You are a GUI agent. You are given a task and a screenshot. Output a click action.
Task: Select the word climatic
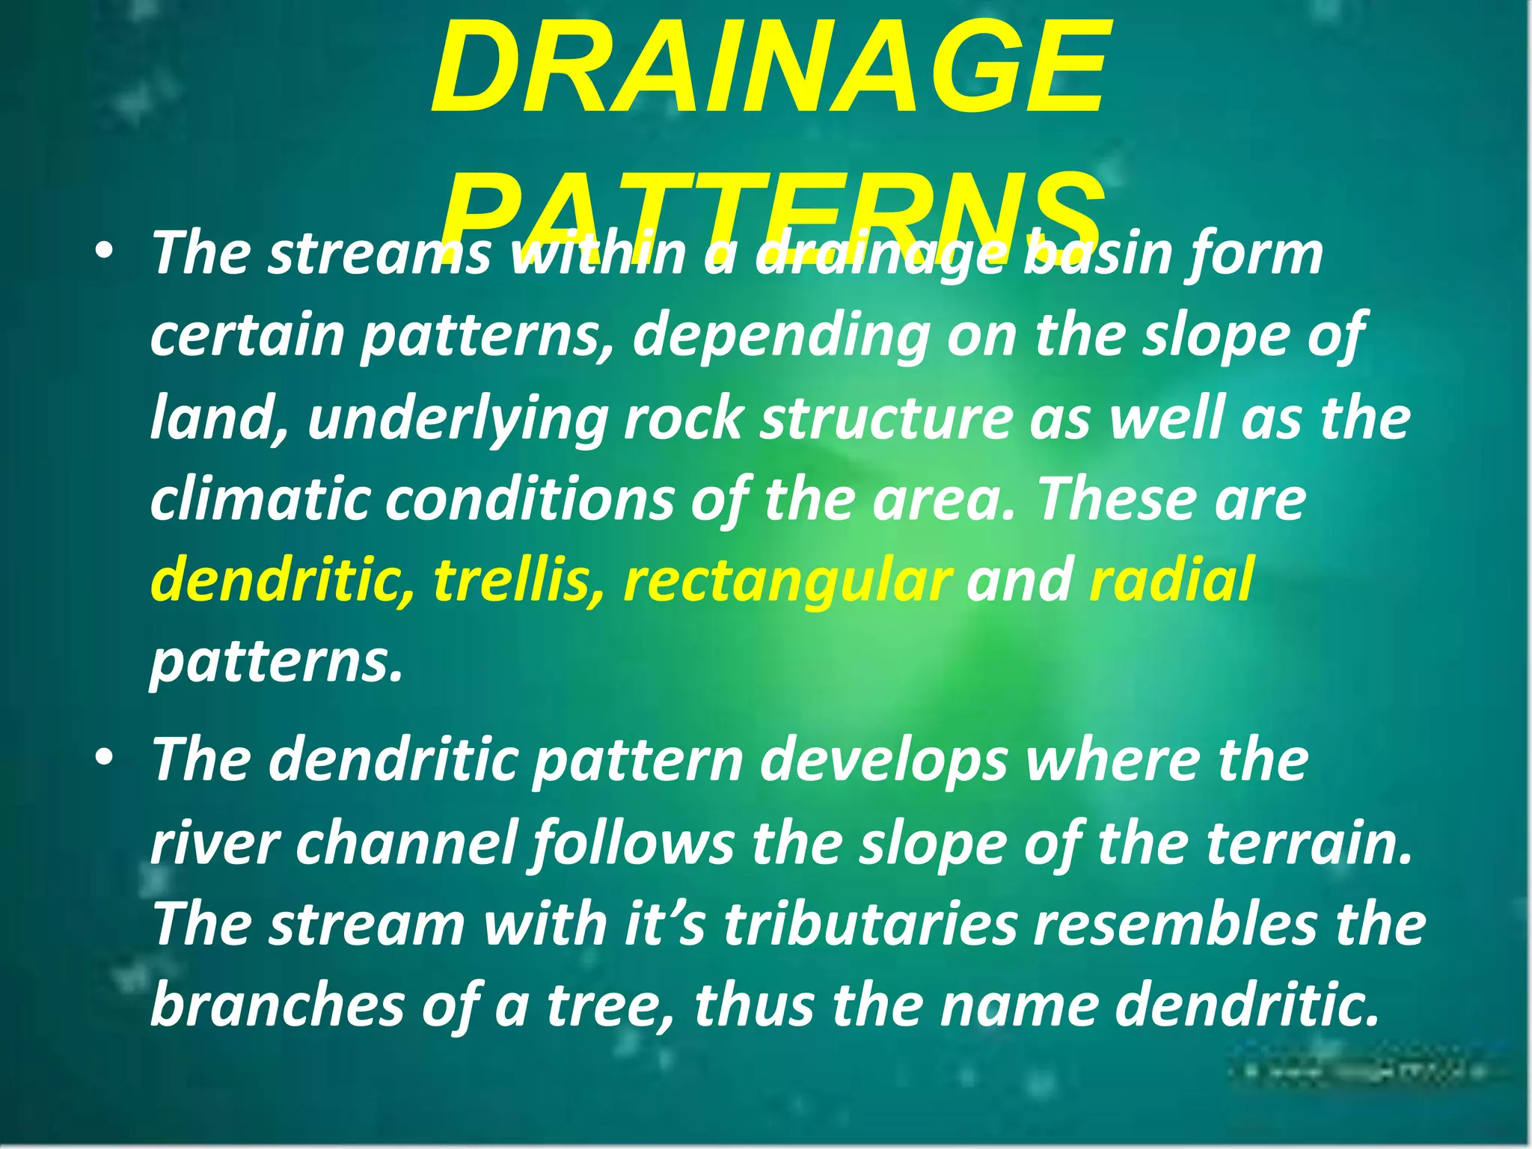tap(260, 500)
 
